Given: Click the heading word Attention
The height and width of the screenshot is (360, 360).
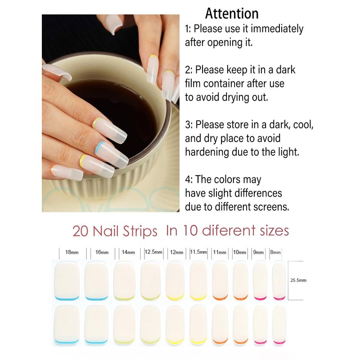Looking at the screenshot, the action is point(232,13).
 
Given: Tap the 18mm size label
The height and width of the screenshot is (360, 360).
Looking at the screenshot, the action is point(72,252).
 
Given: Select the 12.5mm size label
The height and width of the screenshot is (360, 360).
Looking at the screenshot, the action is point(153,252).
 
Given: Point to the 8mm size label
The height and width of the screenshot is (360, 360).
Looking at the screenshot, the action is point(275,252).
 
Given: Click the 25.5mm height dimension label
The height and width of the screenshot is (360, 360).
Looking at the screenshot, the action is point(298,280).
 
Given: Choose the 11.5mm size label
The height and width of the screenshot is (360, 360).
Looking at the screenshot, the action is point(198,252).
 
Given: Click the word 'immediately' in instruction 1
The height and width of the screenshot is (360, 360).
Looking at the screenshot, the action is point(277,29).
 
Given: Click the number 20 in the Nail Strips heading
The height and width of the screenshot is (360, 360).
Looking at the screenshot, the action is point(81,231).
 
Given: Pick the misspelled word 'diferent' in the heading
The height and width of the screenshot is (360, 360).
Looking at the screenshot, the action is point(229,230).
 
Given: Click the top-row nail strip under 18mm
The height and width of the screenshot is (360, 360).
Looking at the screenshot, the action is point(67,281).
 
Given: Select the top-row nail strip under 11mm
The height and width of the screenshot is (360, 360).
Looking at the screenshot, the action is point(220,280).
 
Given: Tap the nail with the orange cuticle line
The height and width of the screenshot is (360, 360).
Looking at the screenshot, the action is point(67,172).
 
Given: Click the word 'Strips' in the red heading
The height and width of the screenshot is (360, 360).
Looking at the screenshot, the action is point(140,231).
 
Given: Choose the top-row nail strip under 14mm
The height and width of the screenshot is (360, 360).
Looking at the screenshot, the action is point(124,280).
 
